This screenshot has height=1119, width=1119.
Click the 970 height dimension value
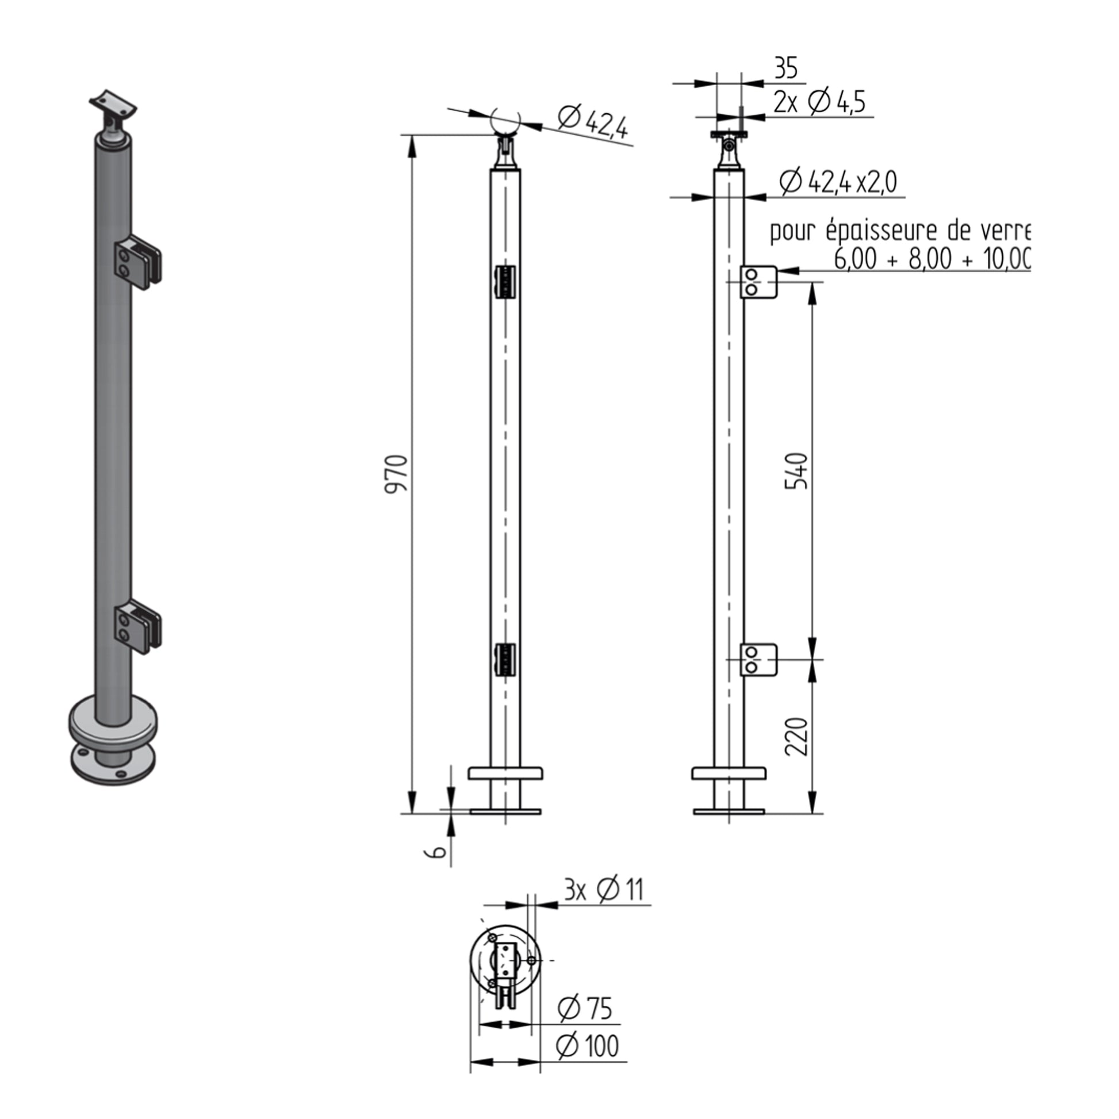pyautogui.click(x=397, y=473)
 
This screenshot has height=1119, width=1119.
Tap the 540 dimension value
pyautogui.click(x=796, y=471)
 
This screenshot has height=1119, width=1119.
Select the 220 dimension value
pyautogui.click(x=796, y=736)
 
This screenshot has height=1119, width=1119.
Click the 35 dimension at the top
pyautogui.click(x=786, y=68)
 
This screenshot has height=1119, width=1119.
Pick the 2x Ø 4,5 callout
pyautogui.click(x=819, y=102)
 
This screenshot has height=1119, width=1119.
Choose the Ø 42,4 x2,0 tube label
pyautogui.click(x=838, y=182)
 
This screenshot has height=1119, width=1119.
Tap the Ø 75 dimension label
pyautogui.click(x=585, y=1009)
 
